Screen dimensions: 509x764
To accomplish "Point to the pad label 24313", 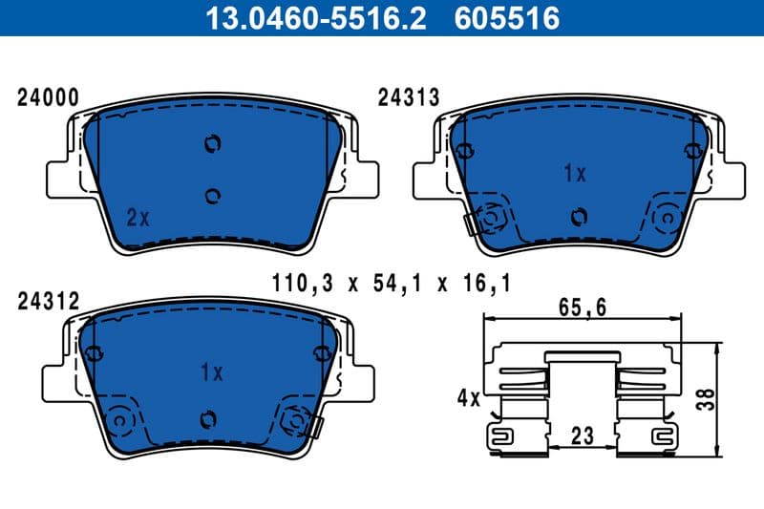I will pos(408,97).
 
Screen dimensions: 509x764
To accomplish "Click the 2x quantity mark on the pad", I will pos(138,218).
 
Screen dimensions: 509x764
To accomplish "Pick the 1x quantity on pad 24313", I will pos(574,174).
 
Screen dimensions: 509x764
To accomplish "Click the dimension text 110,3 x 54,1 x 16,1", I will pos(391,283).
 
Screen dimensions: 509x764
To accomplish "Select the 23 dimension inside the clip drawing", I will pos(583,435).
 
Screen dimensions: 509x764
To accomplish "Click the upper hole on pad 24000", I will pos(212,144).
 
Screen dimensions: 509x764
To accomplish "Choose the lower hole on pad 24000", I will pos(213,196).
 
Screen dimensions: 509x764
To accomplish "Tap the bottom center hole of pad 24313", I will pos(576,217).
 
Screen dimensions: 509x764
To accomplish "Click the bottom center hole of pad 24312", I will pos(207,419).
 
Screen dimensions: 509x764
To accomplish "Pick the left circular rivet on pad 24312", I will pos(120,419).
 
